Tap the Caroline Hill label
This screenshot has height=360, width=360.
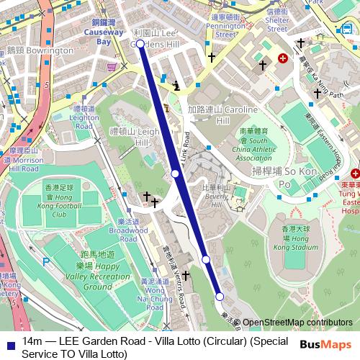213,116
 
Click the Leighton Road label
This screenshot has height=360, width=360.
84,117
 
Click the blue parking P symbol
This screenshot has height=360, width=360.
47,264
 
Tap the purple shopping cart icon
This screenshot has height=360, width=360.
112,67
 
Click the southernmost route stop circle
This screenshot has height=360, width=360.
220,296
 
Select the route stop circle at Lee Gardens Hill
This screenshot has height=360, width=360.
140,44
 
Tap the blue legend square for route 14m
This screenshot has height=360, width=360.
8,341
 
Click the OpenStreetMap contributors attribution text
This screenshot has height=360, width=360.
297,323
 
